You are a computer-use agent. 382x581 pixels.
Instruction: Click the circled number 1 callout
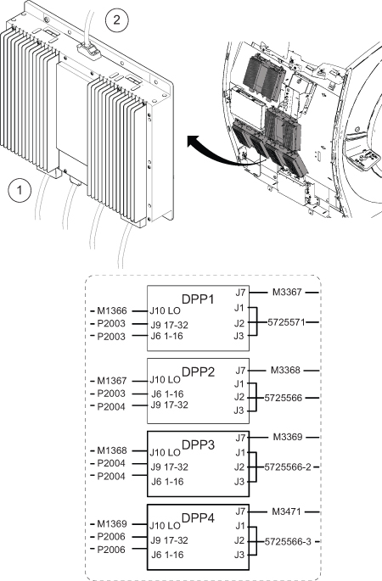(20, 191)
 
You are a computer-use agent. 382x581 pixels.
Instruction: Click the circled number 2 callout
(117, 20)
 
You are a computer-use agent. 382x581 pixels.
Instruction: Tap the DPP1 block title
(198, 299)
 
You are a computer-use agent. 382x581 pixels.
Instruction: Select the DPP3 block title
(198, 444)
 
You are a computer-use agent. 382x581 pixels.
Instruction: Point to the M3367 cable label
(287, 293)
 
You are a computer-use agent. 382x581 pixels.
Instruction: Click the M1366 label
(112, 311)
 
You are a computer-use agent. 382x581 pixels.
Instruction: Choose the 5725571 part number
(286, 322)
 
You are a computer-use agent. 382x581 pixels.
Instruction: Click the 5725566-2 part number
(288, 466)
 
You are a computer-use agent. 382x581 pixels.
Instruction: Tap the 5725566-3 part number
(288, 542)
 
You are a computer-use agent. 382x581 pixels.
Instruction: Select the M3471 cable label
(287, 511)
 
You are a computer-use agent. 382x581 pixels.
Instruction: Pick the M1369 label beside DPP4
(112, 524)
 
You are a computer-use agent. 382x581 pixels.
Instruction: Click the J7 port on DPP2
(241, 370)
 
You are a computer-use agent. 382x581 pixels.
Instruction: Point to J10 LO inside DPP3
(165, 452)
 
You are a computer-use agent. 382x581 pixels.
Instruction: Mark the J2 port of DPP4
(239, 540)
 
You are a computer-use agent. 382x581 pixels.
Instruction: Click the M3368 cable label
(285, 370)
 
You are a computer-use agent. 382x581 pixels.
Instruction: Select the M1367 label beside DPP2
(112, 381)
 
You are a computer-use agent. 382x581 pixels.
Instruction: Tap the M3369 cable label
(288, 437)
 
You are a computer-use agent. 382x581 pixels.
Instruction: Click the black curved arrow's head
(193, 142)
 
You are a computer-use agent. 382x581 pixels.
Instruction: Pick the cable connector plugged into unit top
(89, 50)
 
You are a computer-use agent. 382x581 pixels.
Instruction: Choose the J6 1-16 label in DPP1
(166, 337)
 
